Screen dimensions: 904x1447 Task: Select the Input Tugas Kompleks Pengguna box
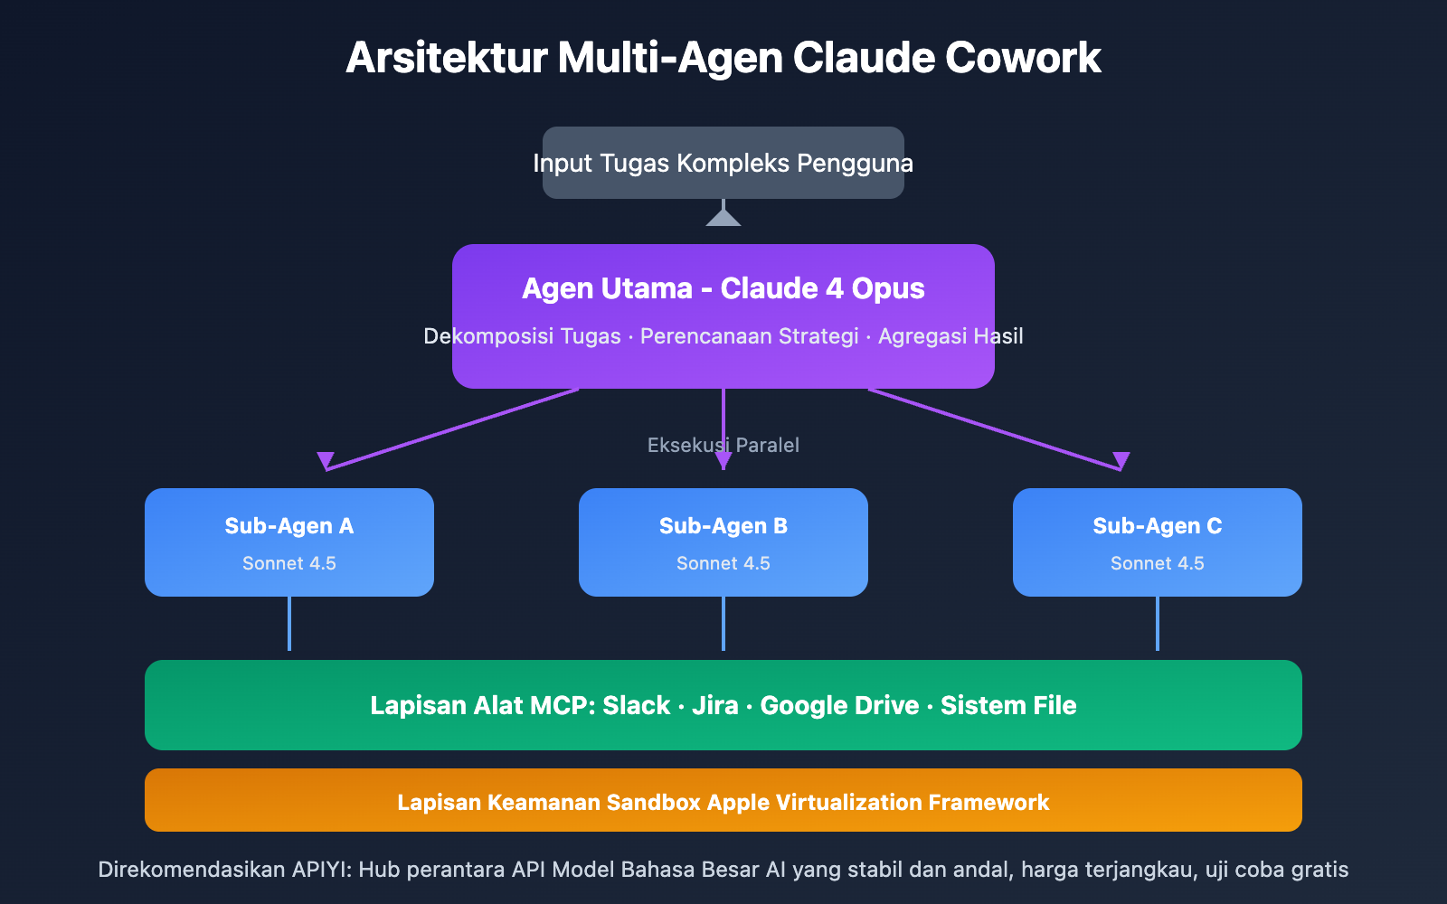[x=723, y=163]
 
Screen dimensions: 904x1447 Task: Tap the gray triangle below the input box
[x=723, y=218]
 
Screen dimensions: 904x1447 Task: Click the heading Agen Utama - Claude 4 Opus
[x=723, y=288]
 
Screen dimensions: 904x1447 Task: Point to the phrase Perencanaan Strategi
[x=749, y=336]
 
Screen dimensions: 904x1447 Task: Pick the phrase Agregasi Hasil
[x=950, y=336]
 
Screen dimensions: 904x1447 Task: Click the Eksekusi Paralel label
[x=723, y=445]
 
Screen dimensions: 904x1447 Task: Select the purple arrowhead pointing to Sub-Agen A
[x=326, y=460]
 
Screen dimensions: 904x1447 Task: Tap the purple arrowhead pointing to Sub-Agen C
[x=1121, y=460]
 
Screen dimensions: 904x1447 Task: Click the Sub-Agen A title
[x=289, y=526]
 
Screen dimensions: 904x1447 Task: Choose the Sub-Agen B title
[x=723, y=526]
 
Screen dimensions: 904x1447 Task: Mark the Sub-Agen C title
[x=1158, y=526]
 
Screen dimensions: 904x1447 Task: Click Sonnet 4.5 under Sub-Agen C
[x=1158, y=563]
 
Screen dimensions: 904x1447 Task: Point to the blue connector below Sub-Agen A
[x=289, y=624]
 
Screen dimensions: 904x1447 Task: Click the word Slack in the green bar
[x=637, y=705]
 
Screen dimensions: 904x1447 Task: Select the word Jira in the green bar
[x=714, y=705]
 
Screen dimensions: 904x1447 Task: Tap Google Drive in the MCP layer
[x=839, y=705]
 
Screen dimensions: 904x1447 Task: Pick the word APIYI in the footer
[x=321, y=870]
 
